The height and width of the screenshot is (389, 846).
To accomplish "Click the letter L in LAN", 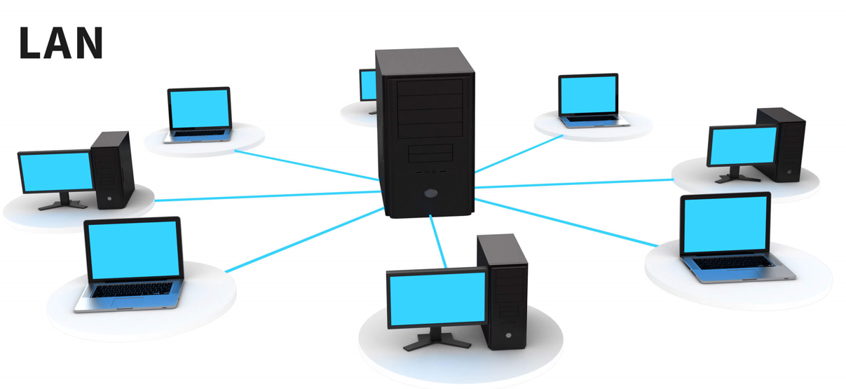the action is point(29,43).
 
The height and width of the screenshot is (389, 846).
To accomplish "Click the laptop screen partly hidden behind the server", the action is point(368,85).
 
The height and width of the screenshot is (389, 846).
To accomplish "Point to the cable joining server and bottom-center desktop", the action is point(438,241).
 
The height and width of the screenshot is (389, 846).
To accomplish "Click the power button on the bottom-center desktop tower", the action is point(508,335).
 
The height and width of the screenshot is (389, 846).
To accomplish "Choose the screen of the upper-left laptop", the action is point(200,109).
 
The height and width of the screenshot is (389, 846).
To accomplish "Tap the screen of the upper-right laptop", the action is point(589,95).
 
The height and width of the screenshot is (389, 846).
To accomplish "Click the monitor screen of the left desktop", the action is point(56,172).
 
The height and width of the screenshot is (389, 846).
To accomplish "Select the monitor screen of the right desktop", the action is point(743,146).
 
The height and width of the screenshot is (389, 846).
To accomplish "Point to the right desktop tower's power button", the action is point(789,172).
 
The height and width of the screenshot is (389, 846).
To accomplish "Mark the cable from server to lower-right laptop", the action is point(566,222).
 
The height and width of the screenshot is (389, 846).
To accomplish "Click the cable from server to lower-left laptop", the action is point(304,240).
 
